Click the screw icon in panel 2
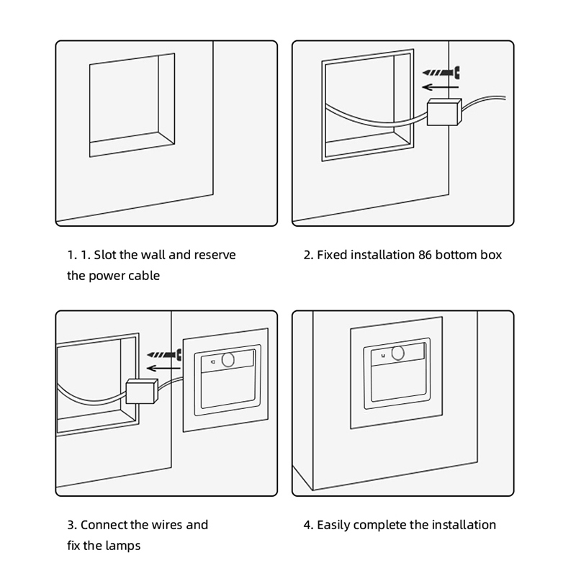441,73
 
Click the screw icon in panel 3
164,354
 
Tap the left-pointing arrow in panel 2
441,87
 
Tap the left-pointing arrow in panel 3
163,368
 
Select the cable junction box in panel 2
444,112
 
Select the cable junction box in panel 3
142,391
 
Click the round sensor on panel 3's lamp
228,360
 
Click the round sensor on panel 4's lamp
398,353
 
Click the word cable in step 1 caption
146,276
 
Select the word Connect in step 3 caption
104,525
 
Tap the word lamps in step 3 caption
123,546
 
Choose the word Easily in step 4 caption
333,526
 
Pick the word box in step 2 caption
491,255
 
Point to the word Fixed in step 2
332,255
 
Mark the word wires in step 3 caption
167,525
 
